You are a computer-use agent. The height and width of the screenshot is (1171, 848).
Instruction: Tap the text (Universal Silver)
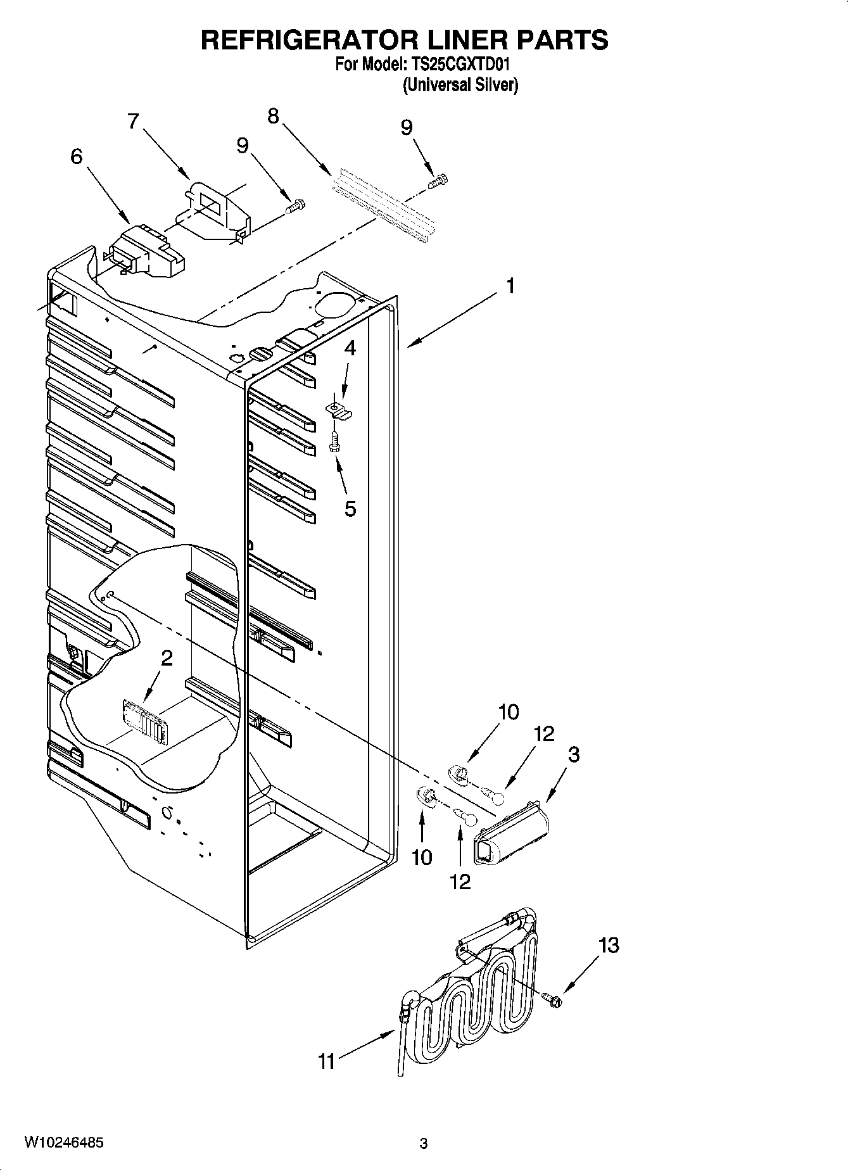pyautogui.click(x=460, y=85)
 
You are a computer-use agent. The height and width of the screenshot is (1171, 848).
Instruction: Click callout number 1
pyautogui.click(x=510, y=286)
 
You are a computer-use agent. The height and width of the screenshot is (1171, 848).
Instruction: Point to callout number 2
pyautogui.click(x=167, y=659)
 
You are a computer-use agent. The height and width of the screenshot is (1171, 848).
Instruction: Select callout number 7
pyautogui.click(x=133, y=121)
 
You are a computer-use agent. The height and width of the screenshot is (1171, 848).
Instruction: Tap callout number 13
pyautogui.click(x=609, y=946)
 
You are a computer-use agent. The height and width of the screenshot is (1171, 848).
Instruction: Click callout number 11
pyautogui.click(x=326, y=1061)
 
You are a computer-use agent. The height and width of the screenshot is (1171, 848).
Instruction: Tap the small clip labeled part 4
pyautogui.click(x=339, y=408)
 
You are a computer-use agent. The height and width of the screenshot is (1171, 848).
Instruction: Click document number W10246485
pyautogui.click(x=63, y=1143)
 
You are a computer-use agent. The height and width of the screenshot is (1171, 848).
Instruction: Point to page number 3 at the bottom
pyautogui.click(x=424, y=1144)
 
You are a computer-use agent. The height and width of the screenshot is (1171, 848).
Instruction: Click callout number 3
pyautogui.click(x=573, y=754)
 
